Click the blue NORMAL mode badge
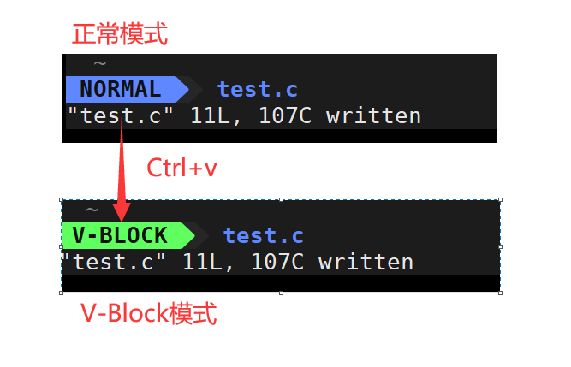point(121,89)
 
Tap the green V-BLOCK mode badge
point(121,235)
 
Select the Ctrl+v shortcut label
point(181,168)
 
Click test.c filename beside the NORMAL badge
point(257,89)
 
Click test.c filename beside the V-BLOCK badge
point(264,235)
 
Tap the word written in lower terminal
point(366,261)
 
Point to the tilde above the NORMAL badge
point(100,63)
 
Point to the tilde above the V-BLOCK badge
point(92,210)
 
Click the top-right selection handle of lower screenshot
point(500,201)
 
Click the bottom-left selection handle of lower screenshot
point(62,292)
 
